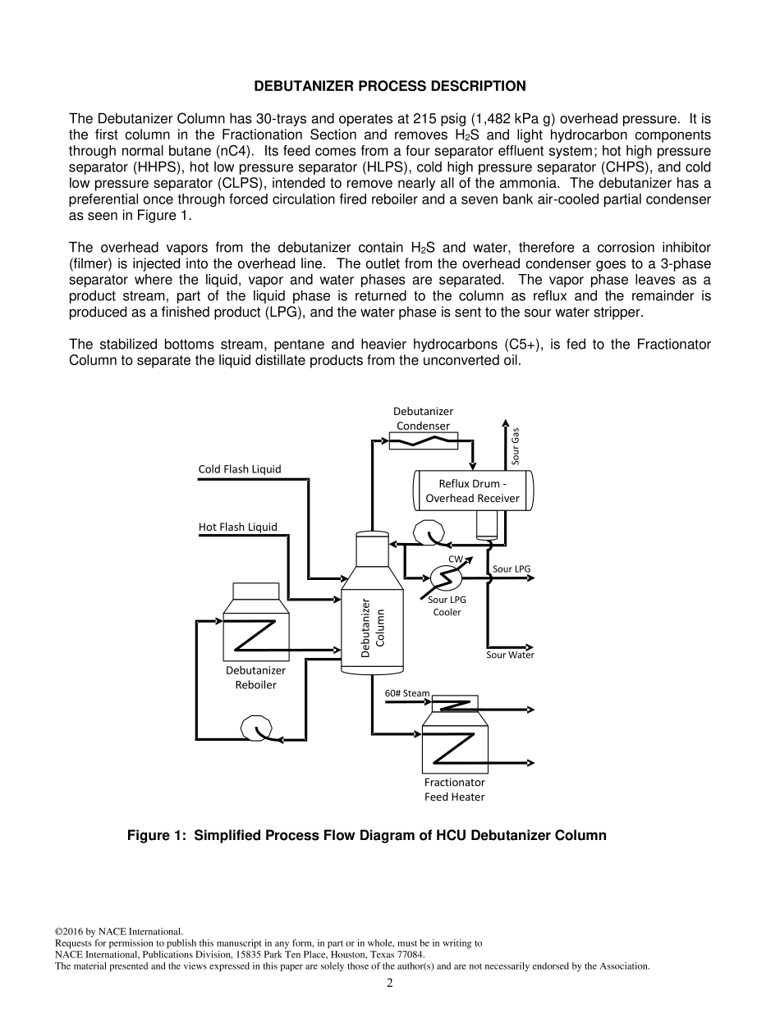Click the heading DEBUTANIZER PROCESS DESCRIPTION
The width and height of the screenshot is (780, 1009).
[389, 86]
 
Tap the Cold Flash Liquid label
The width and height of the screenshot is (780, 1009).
[240, 469]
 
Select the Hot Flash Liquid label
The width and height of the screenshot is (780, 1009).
[238, 527]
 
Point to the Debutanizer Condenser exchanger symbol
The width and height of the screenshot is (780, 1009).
[423, 441]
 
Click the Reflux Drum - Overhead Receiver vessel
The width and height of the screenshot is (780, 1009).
[472, 491]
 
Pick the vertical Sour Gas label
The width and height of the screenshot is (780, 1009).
[516, 447]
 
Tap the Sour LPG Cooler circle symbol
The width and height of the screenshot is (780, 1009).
[446, 578]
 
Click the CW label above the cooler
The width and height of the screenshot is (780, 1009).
[455, 558]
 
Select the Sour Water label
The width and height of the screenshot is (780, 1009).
[510, 655]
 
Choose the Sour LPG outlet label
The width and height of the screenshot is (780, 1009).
[511, 568]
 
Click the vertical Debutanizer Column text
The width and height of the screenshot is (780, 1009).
[373, 628]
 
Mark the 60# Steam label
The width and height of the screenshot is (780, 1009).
[407, 693]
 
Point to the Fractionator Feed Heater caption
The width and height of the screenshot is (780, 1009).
[454, 789]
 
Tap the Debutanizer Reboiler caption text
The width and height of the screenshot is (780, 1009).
[256, 678]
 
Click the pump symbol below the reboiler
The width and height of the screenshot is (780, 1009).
[256, 727]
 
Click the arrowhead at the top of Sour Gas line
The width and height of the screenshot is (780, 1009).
[504, 423]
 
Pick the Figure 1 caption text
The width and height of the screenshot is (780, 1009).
[366, 836]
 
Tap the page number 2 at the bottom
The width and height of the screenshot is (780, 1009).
[390, 984]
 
